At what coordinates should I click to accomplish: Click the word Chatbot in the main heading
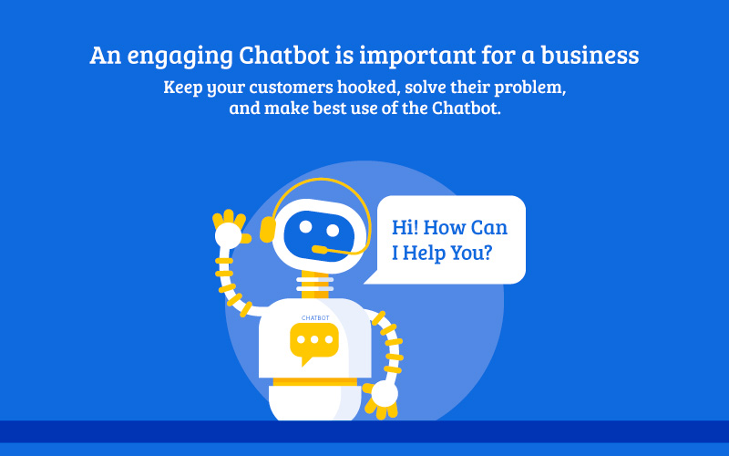tap(284, 55)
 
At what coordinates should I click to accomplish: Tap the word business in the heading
tap(590, 55)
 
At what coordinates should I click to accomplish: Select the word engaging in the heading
tap(180, 57)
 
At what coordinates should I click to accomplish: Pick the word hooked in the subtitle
tap(369, 88)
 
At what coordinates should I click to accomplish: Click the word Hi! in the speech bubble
tap(405, 227)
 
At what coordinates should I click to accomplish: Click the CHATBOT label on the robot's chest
tap(315, 318)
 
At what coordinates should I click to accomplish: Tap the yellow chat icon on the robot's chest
tap(314, 344)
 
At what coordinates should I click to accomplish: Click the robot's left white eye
tap(305, 226)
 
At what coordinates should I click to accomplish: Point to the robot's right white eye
tap(333, 231)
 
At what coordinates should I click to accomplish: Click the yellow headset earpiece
tap(267, 230)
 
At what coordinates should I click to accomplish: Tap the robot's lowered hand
tap(382, 398)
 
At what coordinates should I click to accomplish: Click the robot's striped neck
tap(314, 285)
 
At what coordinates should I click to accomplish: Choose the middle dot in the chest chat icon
tap(314, 339)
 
